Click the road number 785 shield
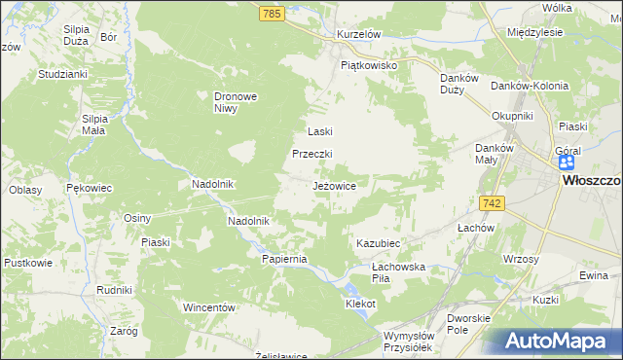click(272, 14)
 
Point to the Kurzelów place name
click(357, 33)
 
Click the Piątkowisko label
click(370, 65)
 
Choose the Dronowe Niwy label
click(234, 102)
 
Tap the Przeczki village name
click(313, 155)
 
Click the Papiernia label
click(284, 259)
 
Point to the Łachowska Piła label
click(400, 272)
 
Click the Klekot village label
click(360, 304)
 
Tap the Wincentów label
click(210, 307)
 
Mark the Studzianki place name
click(63, 73)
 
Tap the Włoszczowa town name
click(591, 181)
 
